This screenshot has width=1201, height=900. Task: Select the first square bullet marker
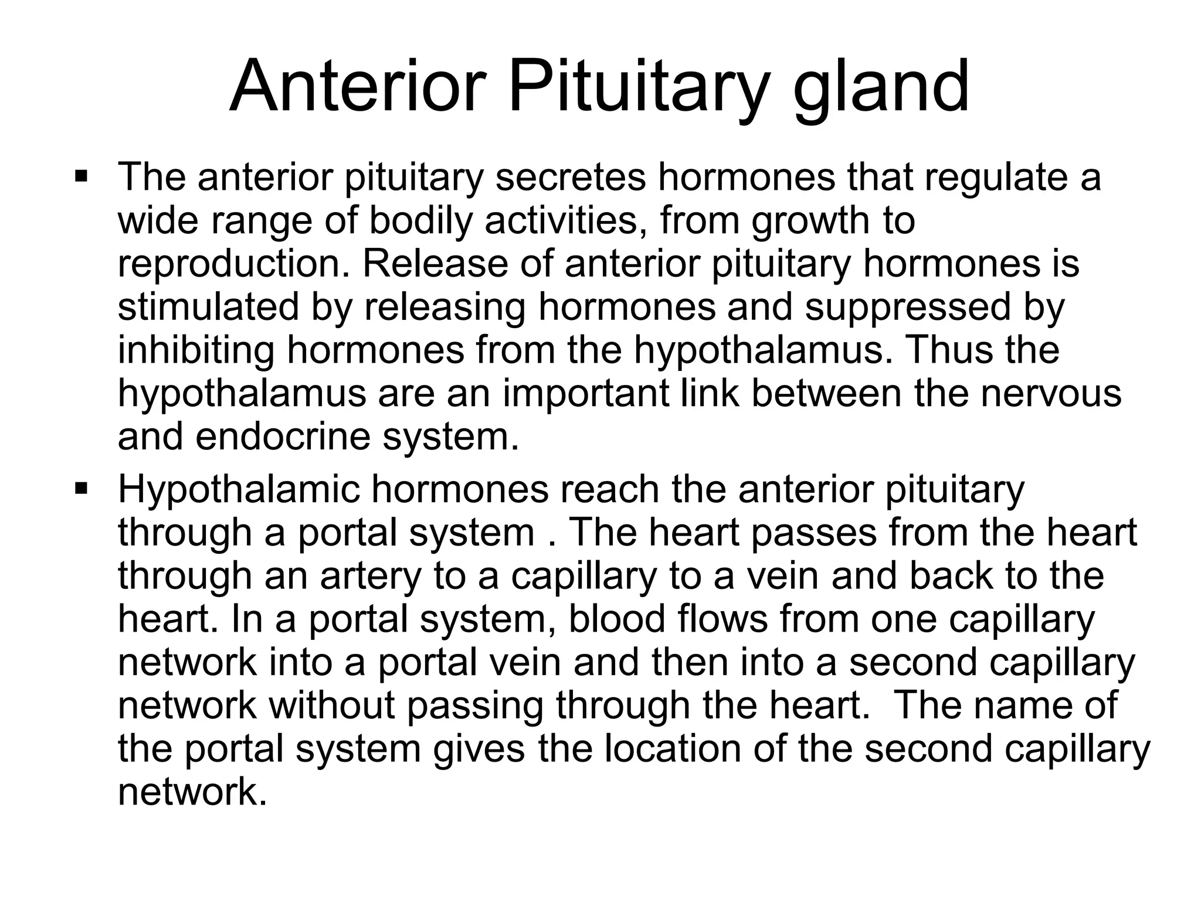coord(81,175)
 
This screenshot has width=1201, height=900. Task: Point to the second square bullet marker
coord(81,487)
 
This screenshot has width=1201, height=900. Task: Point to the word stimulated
coord(208,307)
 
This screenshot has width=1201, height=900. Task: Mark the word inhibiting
coord(196,350)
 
